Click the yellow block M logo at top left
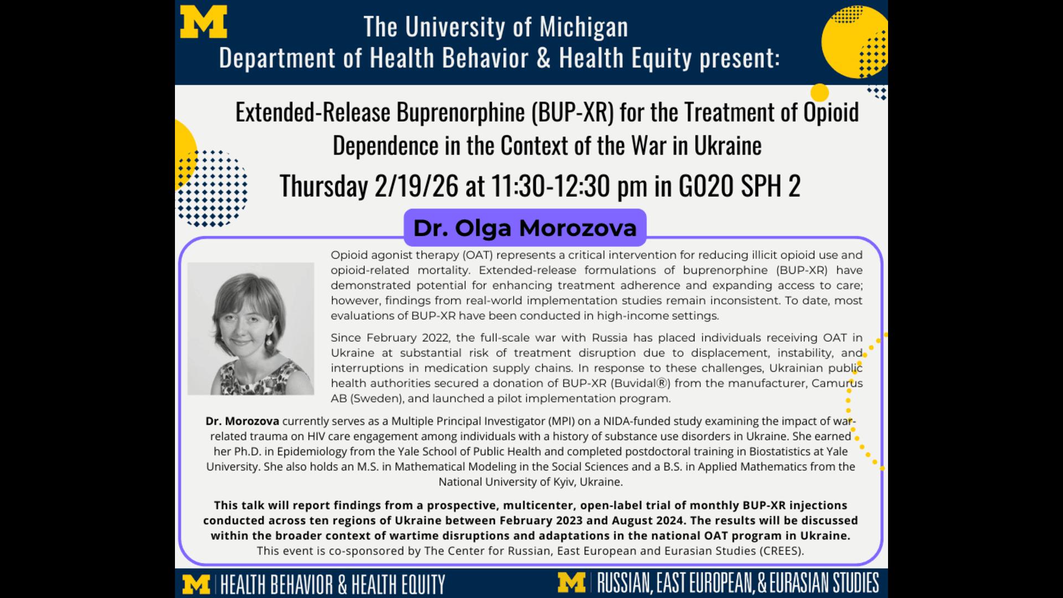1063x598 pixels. tap(203, 22)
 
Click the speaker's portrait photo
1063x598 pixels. tap(251, 328)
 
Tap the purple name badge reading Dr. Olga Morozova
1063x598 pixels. tap(525, 228)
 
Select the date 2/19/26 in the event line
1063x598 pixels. tap(416, 186)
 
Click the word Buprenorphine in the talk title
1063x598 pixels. tap(461, 112)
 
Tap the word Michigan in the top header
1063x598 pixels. tap(584, 27)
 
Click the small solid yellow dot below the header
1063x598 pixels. tap(819, 92)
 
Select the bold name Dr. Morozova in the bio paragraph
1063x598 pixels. tap(242, 421)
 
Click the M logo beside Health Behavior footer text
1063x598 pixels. tap(196, 584)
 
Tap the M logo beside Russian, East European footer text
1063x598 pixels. tap(571, 582)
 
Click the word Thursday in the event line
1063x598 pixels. tap(324, 187)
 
